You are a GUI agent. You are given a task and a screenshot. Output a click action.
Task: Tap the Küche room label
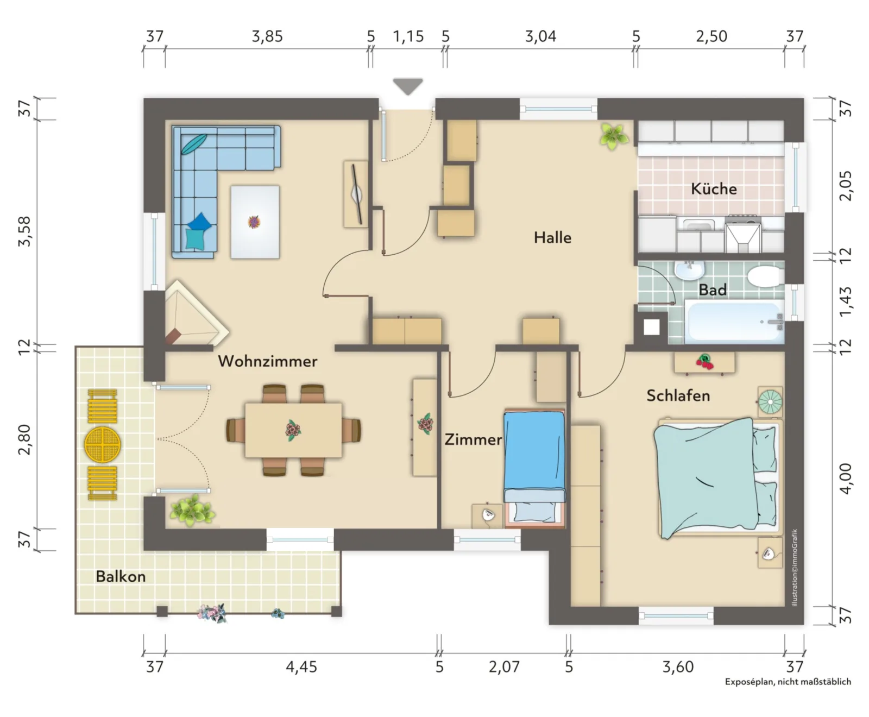[714, 188]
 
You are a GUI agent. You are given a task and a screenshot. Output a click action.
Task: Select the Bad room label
[713, 290]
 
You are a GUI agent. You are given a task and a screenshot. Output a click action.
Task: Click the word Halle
[552, 237]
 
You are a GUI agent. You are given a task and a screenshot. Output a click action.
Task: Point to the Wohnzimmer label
[268, 361]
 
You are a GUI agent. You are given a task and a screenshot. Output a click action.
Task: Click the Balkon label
[121, 576]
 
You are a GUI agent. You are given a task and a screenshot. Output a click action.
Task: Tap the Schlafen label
[678, 395]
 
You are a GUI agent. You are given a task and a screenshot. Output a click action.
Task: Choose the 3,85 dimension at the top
[267, 36]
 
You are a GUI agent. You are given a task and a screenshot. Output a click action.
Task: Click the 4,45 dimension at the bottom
[301, 666]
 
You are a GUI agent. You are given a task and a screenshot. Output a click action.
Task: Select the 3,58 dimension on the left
[24, 231]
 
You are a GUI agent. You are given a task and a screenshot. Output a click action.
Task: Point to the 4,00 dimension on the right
[846, 479]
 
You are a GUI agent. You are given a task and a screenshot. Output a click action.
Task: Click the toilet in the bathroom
[766, 275]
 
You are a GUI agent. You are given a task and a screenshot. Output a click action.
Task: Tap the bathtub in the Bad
[734, 323]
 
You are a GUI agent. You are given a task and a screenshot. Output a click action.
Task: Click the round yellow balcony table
[102, 444]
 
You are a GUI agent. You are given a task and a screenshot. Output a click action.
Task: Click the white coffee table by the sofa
[255, 222]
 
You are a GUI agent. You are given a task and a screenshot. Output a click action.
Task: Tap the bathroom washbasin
[689, 270]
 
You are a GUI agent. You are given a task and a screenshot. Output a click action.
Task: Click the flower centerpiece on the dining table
[293, 430]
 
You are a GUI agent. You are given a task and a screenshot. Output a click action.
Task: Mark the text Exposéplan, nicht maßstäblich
[788, 682]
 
